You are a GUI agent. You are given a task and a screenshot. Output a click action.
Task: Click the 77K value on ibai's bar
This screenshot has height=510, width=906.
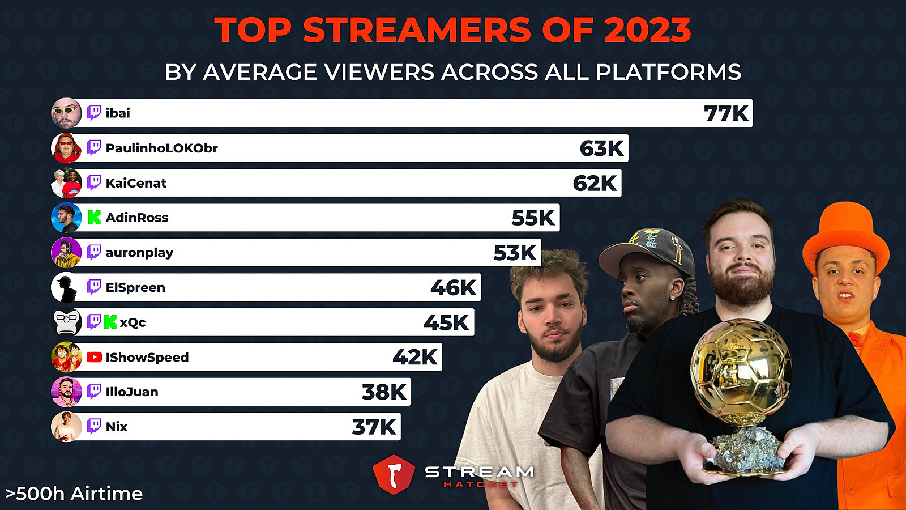point(726,113)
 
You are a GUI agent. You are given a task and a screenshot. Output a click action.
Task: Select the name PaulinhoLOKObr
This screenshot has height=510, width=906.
point(161,148)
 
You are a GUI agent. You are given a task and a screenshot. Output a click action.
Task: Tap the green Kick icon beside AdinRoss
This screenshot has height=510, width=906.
point(94,218)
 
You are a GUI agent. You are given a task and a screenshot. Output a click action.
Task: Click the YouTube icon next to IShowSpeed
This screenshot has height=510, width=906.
point(94,357)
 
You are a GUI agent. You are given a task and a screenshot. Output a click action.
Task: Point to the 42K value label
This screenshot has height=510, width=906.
point(415,357)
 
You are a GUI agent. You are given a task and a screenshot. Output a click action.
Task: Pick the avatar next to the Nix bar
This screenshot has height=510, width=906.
point(66,427)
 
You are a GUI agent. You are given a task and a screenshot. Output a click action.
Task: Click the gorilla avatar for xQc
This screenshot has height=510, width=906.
point(66,322)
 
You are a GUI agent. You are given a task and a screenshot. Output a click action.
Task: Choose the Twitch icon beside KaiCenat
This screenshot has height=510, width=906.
point(94,182)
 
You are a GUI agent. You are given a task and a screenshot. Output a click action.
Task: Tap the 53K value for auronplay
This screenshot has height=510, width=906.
point(515,253)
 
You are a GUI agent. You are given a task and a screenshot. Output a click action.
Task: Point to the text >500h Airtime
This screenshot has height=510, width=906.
point(74,494)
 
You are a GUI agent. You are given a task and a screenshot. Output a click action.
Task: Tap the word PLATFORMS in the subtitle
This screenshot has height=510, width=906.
point(668,73)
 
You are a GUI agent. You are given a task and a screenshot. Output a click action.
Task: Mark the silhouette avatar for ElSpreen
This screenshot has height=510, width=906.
point(66,288)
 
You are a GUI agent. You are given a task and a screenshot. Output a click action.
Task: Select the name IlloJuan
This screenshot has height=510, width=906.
point(132,392)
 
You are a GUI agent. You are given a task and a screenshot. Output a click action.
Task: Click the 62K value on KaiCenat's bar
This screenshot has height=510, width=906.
point(595,183)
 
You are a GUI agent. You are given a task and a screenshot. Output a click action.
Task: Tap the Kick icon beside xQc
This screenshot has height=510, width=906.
point(110,322)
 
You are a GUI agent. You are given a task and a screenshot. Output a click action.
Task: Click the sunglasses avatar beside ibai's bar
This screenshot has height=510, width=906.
point(66,113)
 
